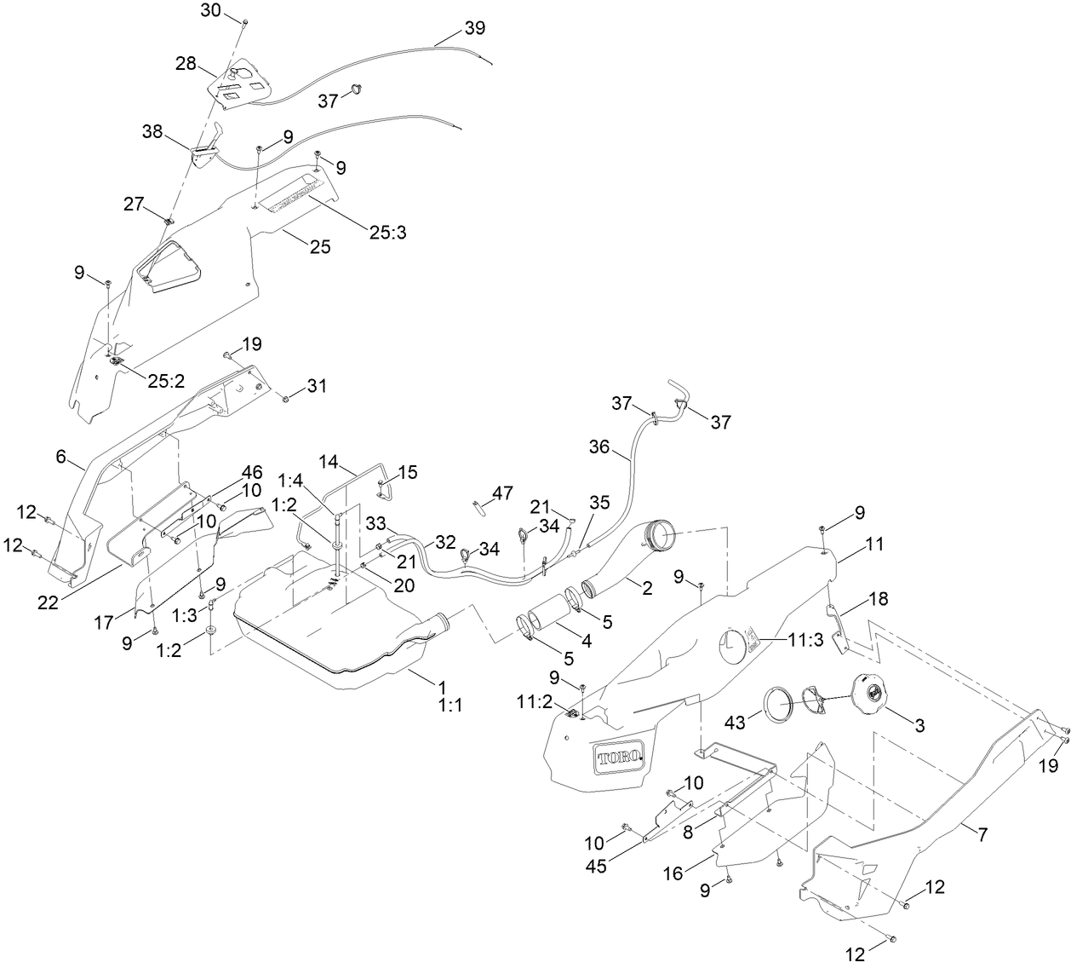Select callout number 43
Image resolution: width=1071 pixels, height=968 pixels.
[735, 722]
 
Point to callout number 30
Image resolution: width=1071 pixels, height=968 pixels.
[210, 10]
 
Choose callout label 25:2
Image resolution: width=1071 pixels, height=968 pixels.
[167, 381]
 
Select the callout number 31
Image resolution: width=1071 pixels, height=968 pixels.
[317, 386]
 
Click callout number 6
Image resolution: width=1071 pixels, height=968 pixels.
[61, 457]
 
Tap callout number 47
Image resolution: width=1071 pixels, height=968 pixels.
[502, 492]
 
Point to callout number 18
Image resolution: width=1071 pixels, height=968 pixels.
[877, 599]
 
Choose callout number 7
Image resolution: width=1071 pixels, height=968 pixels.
[982, 835]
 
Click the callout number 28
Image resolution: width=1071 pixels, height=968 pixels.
[186, 63]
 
